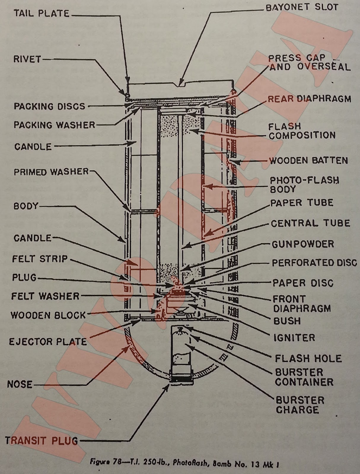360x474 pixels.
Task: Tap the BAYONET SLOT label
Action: click(x=302, y=7)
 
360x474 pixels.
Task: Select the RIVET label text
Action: click(x=27, y=59)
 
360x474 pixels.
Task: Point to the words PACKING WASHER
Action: click(x=54, y=125)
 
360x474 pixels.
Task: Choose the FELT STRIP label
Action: click(x=40, y=259)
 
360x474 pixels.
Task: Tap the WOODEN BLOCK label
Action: click(x=48, y=315)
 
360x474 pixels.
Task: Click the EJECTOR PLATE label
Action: click(x=48, y=342)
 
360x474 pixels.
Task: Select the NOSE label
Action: click(x=20, y=384)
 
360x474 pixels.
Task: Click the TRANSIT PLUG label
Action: click(x=42, y=441)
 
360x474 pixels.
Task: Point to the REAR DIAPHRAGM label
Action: click(x=309, y=99)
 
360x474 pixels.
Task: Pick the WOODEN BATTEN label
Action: click(x=308, y=161)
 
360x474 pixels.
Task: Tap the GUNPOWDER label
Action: click(x=303, y=244)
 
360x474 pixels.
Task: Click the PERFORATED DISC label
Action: click(x=314, y=263)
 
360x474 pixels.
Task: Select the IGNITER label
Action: click(x=294, y=338)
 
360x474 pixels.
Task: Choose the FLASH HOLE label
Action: click(x=308, y=358)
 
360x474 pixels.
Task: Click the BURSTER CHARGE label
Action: click(x=300, y=405)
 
